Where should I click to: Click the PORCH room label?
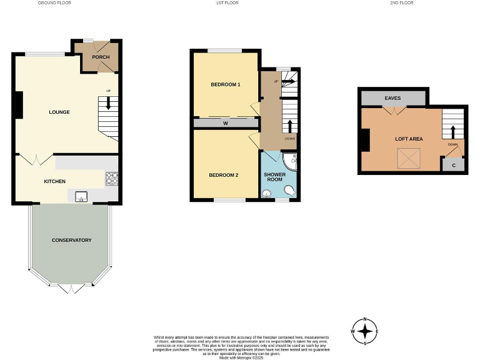tap(101, 57)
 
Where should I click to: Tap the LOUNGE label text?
tap(59, 112)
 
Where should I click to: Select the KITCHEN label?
tap(54, 181)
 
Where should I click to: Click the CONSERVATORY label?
tap(71, 240)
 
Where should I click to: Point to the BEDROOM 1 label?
tap(225, 84)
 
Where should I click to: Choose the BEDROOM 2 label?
tap(224, 175)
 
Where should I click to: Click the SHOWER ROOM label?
tap(274, 176)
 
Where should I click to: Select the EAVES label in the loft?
tap(392, 98)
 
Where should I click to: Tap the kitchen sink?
tap(81, 197)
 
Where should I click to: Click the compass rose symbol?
tap(366, 331)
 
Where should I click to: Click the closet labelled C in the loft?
tap(453, 166)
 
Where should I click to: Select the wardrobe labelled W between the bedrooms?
tap(225, 123)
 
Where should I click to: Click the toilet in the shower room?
tap(289, 189)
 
